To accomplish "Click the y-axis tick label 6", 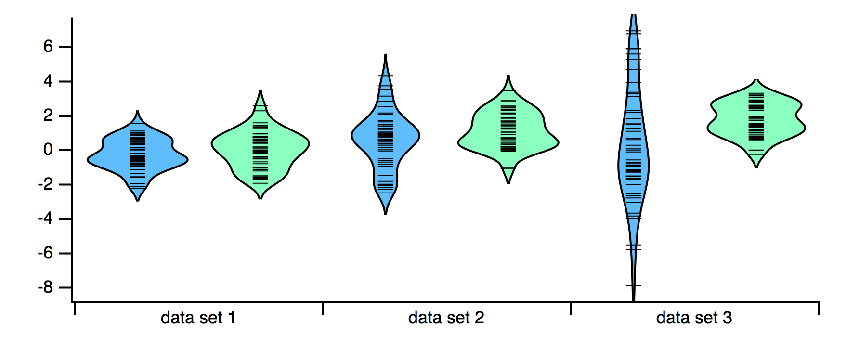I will point(48,47).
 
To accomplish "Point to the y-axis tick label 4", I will point(48,81).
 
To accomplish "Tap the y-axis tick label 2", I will point(48,116).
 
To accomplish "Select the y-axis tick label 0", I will point(48,150).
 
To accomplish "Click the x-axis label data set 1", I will point(198,318).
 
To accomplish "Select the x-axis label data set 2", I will point(446,318).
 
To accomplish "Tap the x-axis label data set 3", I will point(694,318).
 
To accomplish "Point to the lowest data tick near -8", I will point(633,286).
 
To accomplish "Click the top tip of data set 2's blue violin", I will point(386,55).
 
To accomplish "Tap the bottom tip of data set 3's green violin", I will point(756,167).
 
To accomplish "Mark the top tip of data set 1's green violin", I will point(260,90).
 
